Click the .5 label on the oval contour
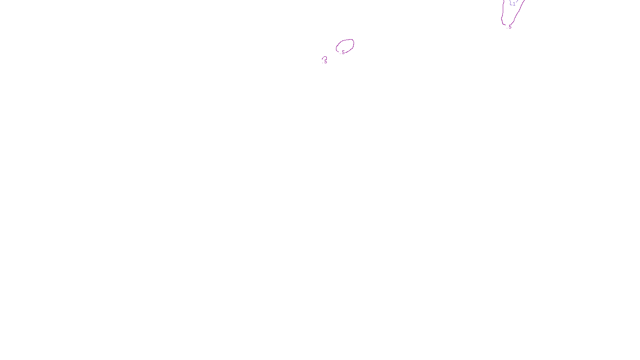(343, 52)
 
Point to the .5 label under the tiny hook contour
(325, 62)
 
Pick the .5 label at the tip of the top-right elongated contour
(510, 27)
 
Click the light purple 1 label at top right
(514, 4)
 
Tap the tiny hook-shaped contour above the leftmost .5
(324, 58)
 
